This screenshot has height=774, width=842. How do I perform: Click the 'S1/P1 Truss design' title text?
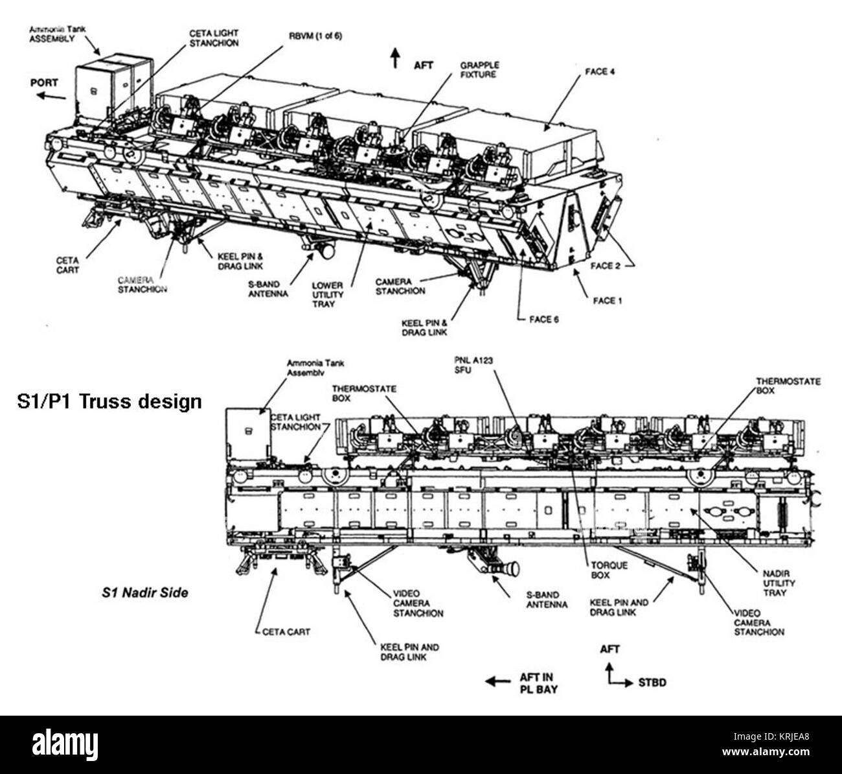(108, 402)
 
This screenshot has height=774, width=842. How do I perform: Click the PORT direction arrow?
(51, 96)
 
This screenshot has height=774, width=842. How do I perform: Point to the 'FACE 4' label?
(599, 71)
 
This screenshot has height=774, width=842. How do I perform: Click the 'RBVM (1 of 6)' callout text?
(315, 36)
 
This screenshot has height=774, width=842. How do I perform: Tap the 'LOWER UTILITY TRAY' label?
(328, 295)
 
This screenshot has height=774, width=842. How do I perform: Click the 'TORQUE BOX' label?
(609, 570)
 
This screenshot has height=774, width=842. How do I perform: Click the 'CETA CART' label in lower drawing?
(286, 631)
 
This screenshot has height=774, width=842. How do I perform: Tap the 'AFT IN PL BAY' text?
(537, 683)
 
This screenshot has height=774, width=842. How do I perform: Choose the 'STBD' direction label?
(652, 683)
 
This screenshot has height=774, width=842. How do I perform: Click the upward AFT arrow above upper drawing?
(394, 58)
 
